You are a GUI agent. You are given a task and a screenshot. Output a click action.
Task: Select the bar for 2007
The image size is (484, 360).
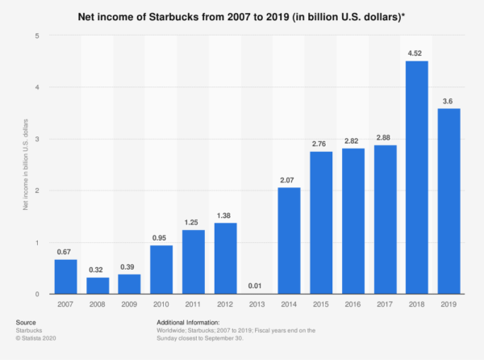[x=66, y=277]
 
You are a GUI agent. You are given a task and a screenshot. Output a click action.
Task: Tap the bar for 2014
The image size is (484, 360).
[x=290, y=241]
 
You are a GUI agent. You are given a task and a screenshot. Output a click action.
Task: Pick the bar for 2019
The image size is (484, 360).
[x=449, y=201]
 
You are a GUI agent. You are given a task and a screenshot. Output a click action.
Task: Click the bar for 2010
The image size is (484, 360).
[x=162, y=270]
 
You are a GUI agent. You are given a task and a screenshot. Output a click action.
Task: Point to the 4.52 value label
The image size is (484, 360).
[x=417, y=54]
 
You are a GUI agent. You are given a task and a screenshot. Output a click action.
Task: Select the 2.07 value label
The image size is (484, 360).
[x=290, y=181]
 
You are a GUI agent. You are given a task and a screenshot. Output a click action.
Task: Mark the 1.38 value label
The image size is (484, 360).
[x=226, y=216]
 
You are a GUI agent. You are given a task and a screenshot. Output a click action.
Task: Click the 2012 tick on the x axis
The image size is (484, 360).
[x=226, y=305]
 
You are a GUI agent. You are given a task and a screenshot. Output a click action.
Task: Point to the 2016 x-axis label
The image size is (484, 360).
[x=353, y=305]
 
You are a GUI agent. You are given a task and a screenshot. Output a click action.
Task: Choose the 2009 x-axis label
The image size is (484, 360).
[x=130, y=305]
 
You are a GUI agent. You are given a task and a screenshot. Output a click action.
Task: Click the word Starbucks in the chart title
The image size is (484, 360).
[x=174, y=15]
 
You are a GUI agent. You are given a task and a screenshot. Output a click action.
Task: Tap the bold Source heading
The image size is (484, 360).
[x=27, y=321]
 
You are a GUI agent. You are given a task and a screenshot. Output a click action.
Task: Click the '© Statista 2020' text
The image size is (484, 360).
[x=39, y=337]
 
